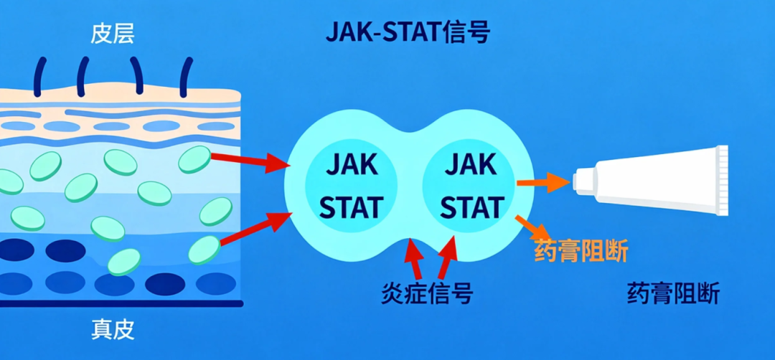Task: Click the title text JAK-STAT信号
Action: [x=408, y=32]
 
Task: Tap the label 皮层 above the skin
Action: [x=113, y=33]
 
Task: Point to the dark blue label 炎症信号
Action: [x=428, y=293]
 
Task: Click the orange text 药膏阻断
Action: [x=581, y=252]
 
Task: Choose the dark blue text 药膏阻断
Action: [x=672, y=293]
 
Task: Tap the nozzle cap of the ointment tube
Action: [x=583, y=179]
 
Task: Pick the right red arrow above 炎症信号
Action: [x=446, y=257]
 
